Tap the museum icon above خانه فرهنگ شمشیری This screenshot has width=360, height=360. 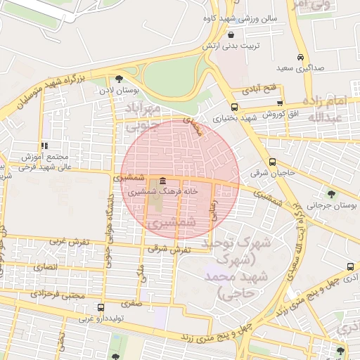[163, 180]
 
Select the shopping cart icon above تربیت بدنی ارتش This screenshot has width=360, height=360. [232, 34]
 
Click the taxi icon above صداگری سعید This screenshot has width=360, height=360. [300, 58]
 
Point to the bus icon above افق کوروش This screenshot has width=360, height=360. [280, 103]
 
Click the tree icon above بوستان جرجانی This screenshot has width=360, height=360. [330, 194]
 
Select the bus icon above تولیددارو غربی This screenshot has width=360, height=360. [101, 308]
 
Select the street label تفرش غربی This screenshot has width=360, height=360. [69, 242]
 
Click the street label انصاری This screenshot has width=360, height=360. [44, 268]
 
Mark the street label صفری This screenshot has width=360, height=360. [131, 304]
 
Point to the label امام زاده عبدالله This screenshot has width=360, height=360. [327, 108]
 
